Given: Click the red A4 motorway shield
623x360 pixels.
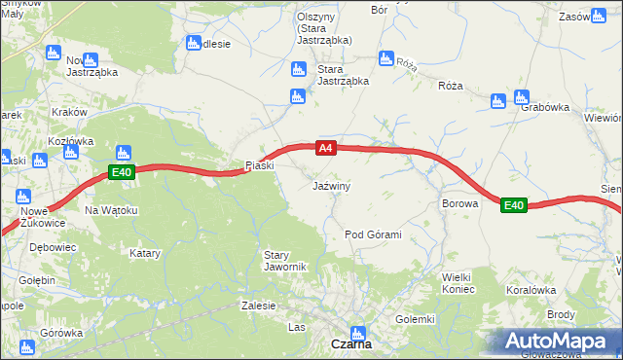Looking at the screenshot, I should coord(326,149).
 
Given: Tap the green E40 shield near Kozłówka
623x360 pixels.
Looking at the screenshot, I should coord(121,173).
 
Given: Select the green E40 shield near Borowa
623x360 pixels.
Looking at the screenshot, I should coord(514,205).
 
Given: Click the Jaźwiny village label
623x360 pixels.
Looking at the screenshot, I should coord(331,185).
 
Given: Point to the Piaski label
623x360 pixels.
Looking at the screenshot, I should coord(260,165).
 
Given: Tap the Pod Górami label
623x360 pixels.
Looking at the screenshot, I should coord(373,235).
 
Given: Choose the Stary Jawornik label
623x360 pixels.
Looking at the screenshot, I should coord(285,261).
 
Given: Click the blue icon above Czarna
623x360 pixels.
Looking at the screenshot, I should coord(359,333).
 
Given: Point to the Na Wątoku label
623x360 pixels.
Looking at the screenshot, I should coord(112,210).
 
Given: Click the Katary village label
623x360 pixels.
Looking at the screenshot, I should coord(145,253).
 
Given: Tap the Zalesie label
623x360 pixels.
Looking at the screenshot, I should coord(259,305).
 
